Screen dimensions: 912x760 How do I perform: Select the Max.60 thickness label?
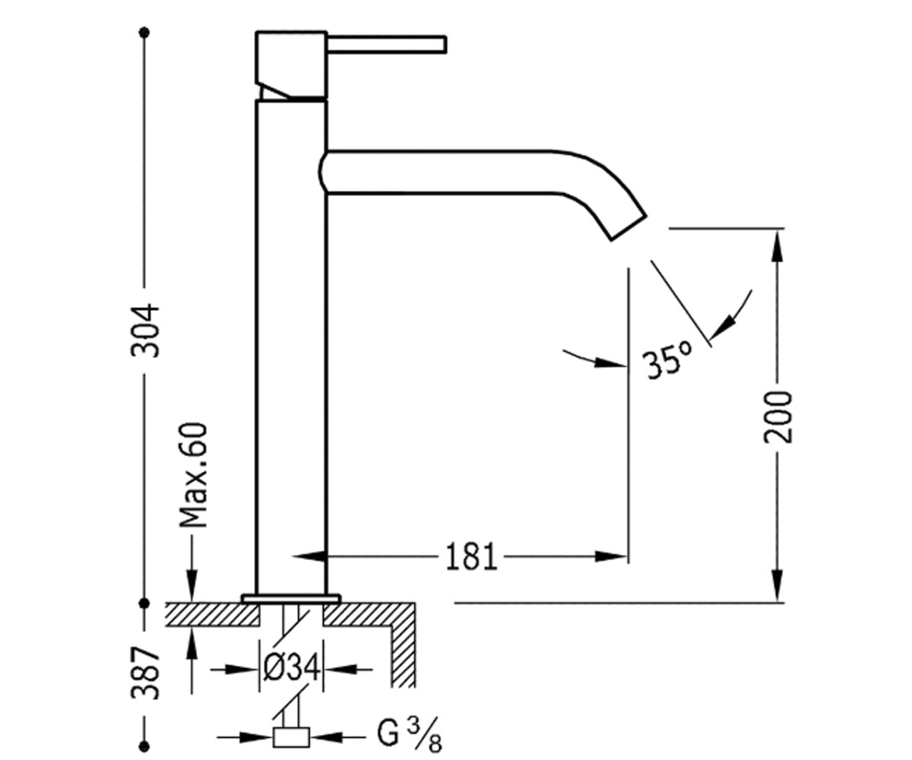192,476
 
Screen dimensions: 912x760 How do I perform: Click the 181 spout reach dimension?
471,557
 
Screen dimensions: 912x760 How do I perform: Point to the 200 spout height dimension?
777,417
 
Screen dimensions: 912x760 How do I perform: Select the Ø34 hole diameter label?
292,669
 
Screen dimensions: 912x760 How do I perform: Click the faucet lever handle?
387,45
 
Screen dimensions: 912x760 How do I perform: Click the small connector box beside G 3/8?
291,737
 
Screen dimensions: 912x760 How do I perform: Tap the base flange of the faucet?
291,598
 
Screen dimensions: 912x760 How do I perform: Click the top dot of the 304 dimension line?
144,33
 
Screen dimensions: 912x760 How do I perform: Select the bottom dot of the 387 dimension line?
145,746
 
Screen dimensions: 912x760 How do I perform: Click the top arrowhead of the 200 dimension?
777,245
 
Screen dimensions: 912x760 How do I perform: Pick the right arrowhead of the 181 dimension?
612,556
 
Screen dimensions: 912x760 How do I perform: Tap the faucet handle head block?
291,65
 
